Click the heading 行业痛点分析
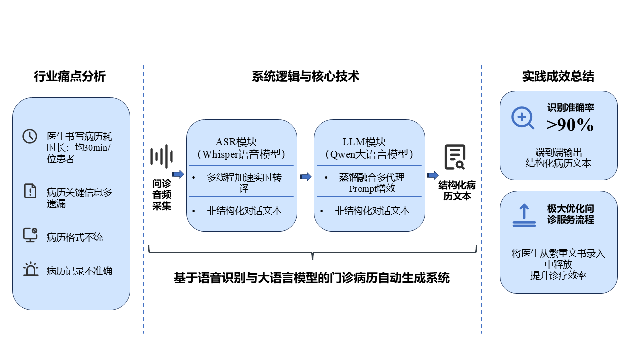tap(70, 77)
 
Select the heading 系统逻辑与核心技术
tap(306, 76)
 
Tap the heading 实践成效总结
tap(558, 77)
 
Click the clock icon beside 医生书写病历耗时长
tap(30, 136)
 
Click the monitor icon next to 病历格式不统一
tap(30, 235)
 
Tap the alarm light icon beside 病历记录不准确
tap(30, 269)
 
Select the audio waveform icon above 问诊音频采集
tap(161, 157)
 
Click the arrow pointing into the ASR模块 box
tap(178, 174)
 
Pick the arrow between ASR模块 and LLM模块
tap(305, 177)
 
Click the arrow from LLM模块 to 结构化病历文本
tap(433, 175)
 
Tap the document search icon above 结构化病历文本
tap(455, 157)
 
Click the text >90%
tap(570, 125)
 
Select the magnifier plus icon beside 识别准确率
tap(522, 118)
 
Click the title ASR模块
tap(236, 142)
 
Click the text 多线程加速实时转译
tap(244, 183)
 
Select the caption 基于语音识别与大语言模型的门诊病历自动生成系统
tap(312, 278)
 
